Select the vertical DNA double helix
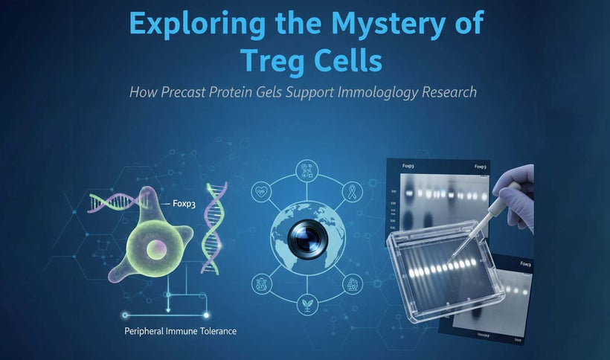click(215, 222)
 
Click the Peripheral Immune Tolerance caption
click(180, 330)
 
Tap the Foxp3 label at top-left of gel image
click(408, 166)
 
